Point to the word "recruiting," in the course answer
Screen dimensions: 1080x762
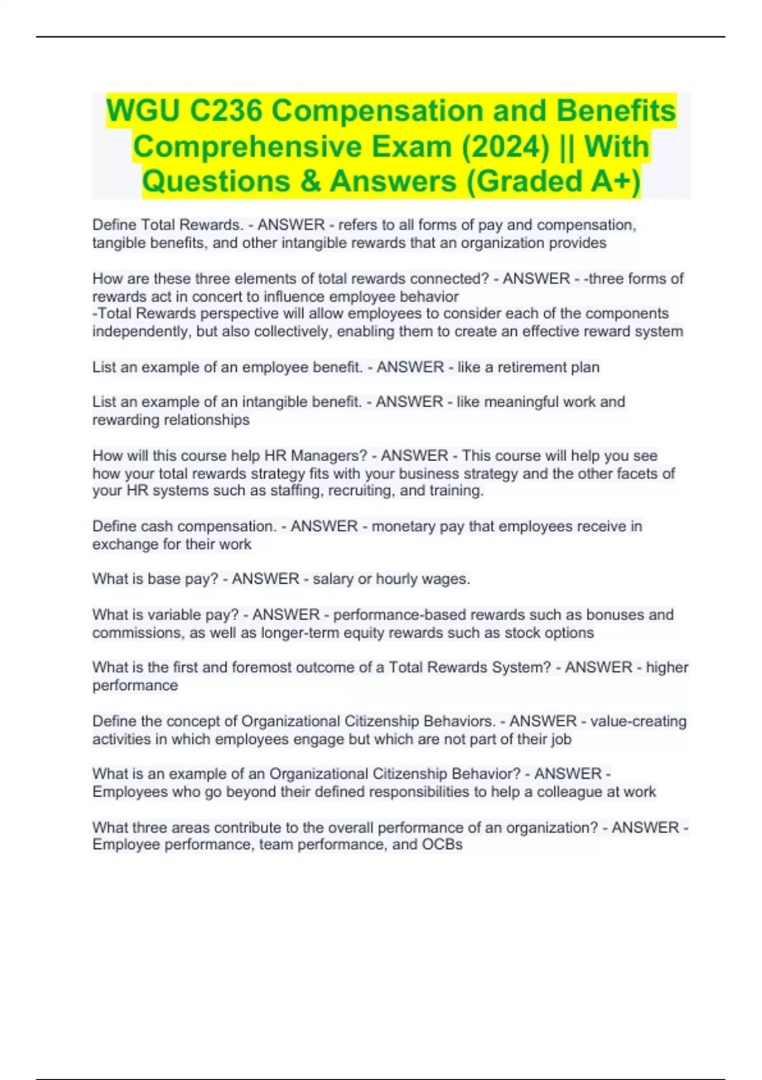[358, 490]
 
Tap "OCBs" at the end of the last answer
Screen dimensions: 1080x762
[442, 844]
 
